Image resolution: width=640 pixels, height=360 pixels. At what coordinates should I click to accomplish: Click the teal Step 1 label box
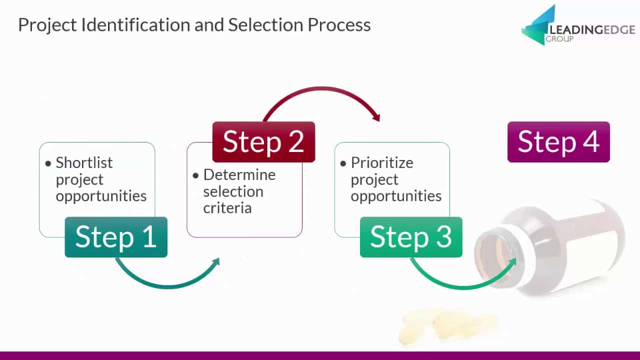(x=116, y=237)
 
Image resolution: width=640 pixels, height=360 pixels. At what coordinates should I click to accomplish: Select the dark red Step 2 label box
(x=263, y=142)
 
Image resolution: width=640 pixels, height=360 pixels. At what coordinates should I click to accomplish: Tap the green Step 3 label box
(x=411, y=237)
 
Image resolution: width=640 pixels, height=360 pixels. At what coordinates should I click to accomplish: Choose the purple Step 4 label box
(x=558, y=142)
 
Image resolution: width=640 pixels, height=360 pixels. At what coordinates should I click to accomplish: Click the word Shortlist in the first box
(x=84, y=163)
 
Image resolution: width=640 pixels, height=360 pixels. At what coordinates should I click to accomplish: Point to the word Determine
(x=239, y=175)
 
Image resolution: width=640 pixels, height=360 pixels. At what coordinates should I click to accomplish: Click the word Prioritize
(x=382, y=163)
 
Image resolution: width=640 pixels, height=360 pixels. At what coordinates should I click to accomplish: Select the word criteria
(x=227, y=208)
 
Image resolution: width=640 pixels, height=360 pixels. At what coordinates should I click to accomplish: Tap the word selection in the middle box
(x=233, y=191)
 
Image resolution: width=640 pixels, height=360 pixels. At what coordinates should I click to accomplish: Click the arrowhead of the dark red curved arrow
(x=377, y=117)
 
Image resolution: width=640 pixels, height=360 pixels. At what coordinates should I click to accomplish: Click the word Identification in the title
(x=135, y=24)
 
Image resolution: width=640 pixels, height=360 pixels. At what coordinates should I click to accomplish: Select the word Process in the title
(x=339, y=25)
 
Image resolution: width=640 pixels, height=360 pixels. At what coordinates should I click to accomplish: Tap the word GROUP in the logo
(x=559, y=39)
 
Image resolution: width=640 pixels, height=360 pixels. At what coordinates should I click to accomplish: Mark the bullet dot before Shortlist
(x=48, y=163)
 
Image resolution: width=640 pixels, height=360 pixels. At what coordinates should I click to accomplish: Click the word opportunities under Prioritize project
(x=396, y=196)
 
